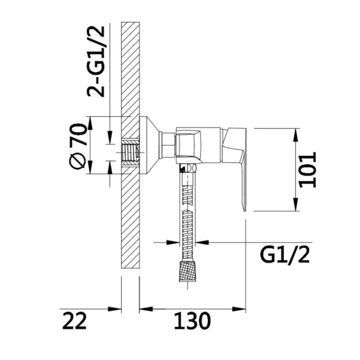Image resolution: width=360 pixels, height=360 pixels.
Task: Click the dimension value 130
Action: (x=192, y=321)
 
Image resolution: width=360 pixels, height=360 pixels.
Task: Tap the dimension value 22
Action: (x=75, y=321)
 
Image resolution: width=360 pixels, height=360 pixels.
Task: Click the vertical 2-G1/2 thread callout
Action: (x=96, y=62)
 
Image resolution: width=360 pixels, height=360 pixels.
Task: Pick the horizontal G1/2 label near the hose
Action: (x=285, y=255)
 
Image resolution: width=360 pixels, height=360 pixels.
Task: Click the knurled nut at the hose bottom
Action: (x=188, y=271)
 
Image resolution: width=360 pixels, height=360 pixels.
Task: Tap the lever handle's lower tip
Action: (x=244, y=210)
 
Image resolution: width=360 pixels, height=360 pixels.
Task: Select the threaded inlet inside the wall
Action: (x=130, y=152)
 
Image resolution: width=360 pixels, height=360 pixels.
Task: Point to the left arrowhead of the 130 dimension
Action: (x=146, y=309)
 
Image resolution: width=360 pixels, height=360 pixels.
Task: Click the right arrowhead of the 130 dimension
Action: (x=239, y=309)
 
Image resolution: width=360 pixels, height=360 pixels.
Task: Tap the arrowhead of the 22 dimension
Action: (x=115, y=309)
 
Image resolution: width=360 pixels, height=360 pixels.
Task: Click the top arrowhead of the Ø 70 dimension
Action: (x=90, y=123)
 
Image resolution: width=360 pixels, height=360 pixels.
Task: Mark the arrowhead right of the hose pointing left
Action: (x=202, y=242)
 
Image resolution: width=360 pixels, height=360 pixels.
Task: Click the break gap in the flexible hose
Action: (x=188, y=207)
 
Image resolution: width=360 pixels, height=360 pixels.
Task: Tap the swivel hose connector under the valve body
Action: (x=189, y=169)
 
